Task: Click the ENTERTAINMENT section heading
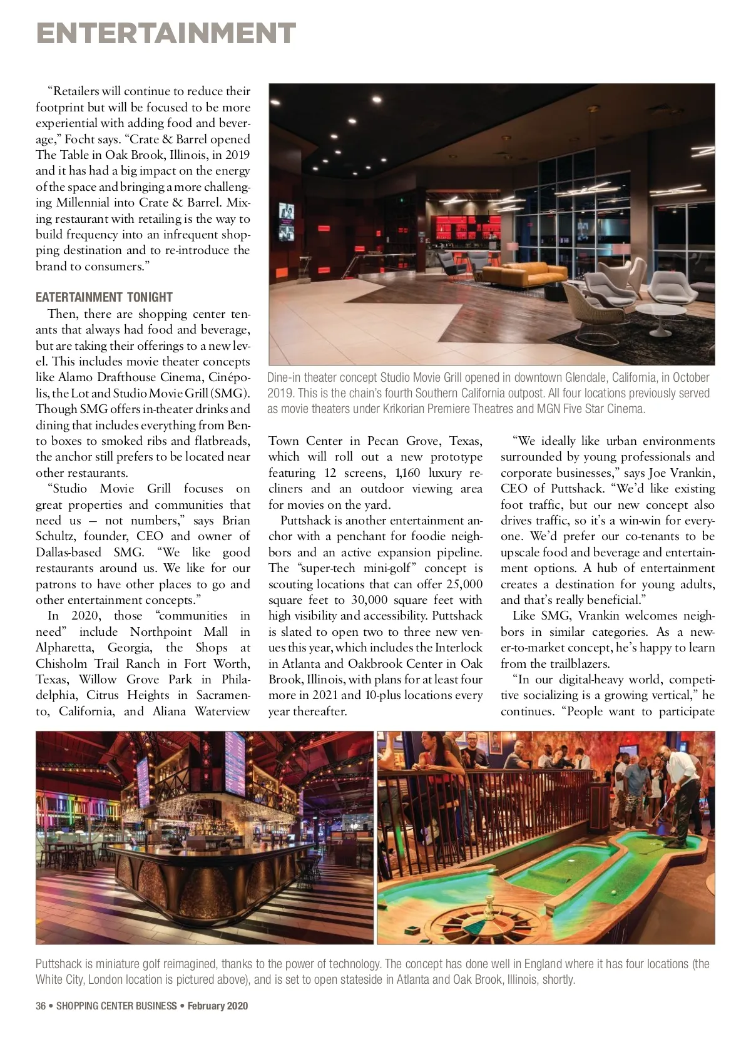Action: [166, 33]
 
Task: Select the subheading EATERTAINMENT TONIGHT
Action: [104, 297]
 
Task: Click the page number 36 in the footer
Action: [41, 1006]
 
